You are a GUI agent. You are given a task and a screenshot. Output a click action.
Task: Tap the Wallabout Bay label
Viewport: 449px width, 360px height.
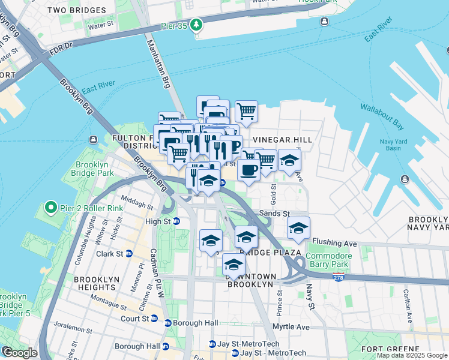point(381,116)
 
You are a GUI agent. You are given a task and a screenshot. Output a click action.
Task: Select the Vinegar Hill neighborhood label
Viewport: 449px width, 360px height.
point(282,139)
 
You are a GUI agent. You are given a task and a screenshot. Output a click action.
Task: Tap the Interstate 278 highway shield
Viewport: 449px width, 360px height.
point(339,276)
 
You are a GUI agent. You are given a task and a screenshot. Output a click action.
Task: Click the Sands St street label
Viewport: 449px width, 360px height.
point(274,213)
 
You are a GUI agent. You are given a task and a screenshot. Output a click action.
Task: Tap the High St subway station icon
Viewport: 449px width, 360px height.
point(176,221)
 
